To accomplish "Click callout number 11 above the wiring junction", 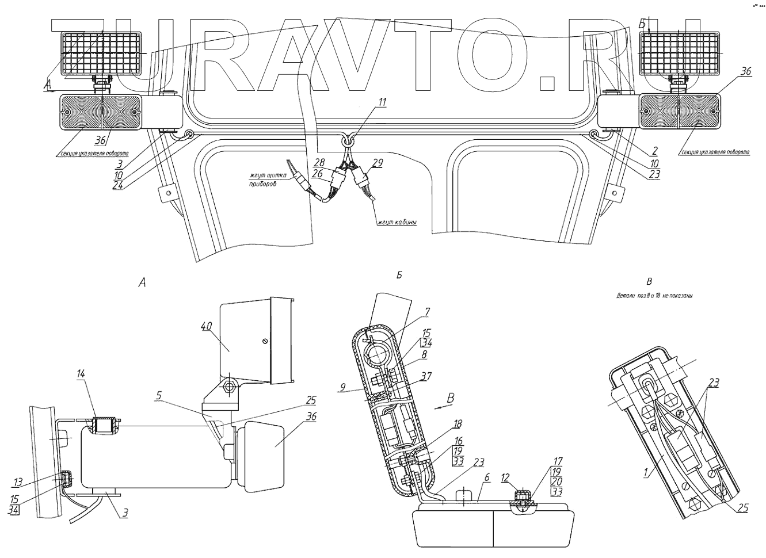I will tap(383, 102).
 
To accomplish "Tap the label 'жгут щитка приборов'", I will tap(264, 179).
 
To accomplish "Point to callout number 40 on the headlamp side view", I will tap(207, 326).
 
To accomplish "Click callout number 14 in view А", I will tap(81, 374).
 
